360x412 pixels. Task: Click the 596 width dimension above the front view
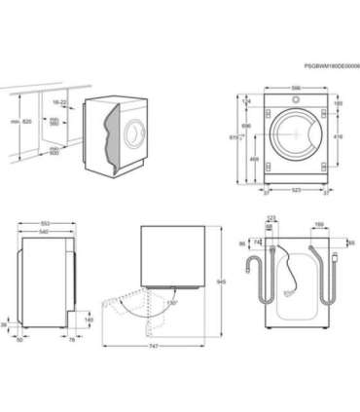point(296,89)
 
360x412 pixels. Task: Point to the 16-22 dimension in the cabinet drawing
point(60,101)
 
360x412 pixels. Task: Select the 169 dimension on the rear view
point(318,224)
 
